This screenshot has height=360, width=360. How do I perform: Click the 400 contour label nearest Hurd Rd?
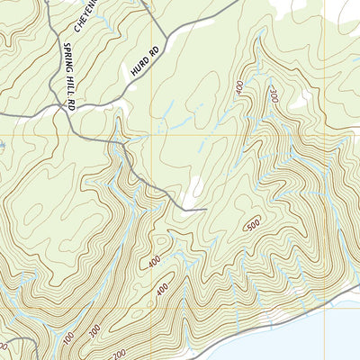coord(238,87)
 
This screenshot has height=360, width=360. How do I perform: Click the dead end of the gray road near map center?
coord(206,209)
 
